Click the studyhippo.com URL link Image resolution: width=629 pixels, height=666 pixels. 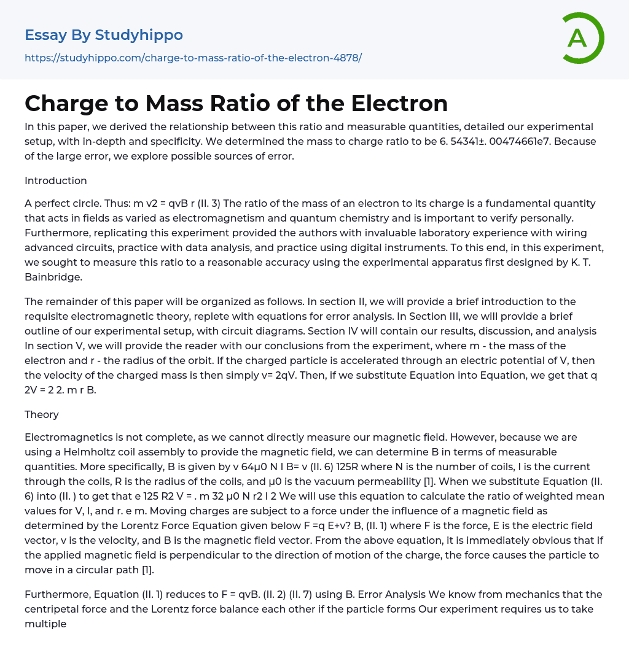click(193, 58)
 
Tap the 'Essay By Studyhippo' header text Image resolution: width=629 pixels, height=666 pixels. click(104, 35)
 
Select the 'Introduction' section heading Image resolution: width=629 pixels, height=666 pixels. click(56, 180)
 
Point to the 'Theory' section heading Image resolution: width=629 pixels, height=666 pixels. click(42, 414)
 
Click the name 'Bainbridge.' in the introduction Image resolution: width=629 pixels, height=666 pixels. click(53, 277)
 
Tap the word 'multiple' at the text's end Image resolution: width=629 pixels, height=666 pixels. click(45, 624)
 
